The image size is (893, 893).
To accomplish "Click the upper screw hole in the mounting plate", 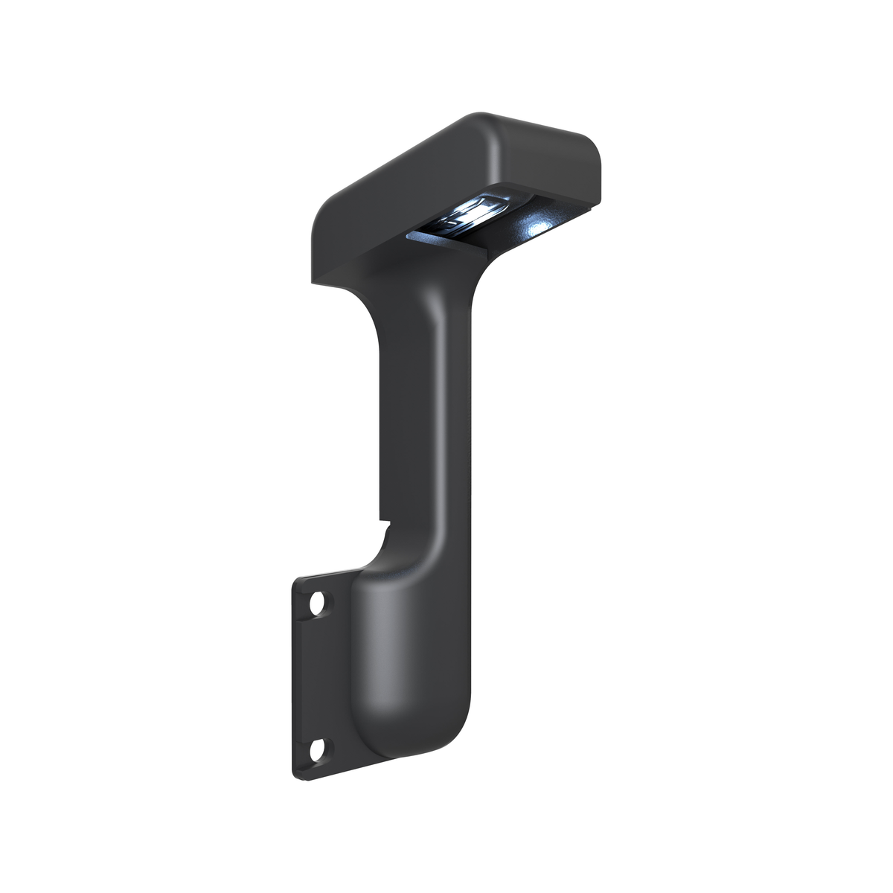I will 318,603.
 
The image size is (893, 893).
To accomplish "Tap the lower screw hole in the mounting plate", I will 318,748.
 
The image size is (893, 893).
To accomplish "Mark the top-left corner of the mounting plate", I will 296,580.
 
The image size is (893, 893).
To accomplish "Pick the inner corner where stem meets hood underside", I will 484,260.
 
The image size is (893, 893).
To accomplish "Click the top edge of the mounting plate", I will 327,573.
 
